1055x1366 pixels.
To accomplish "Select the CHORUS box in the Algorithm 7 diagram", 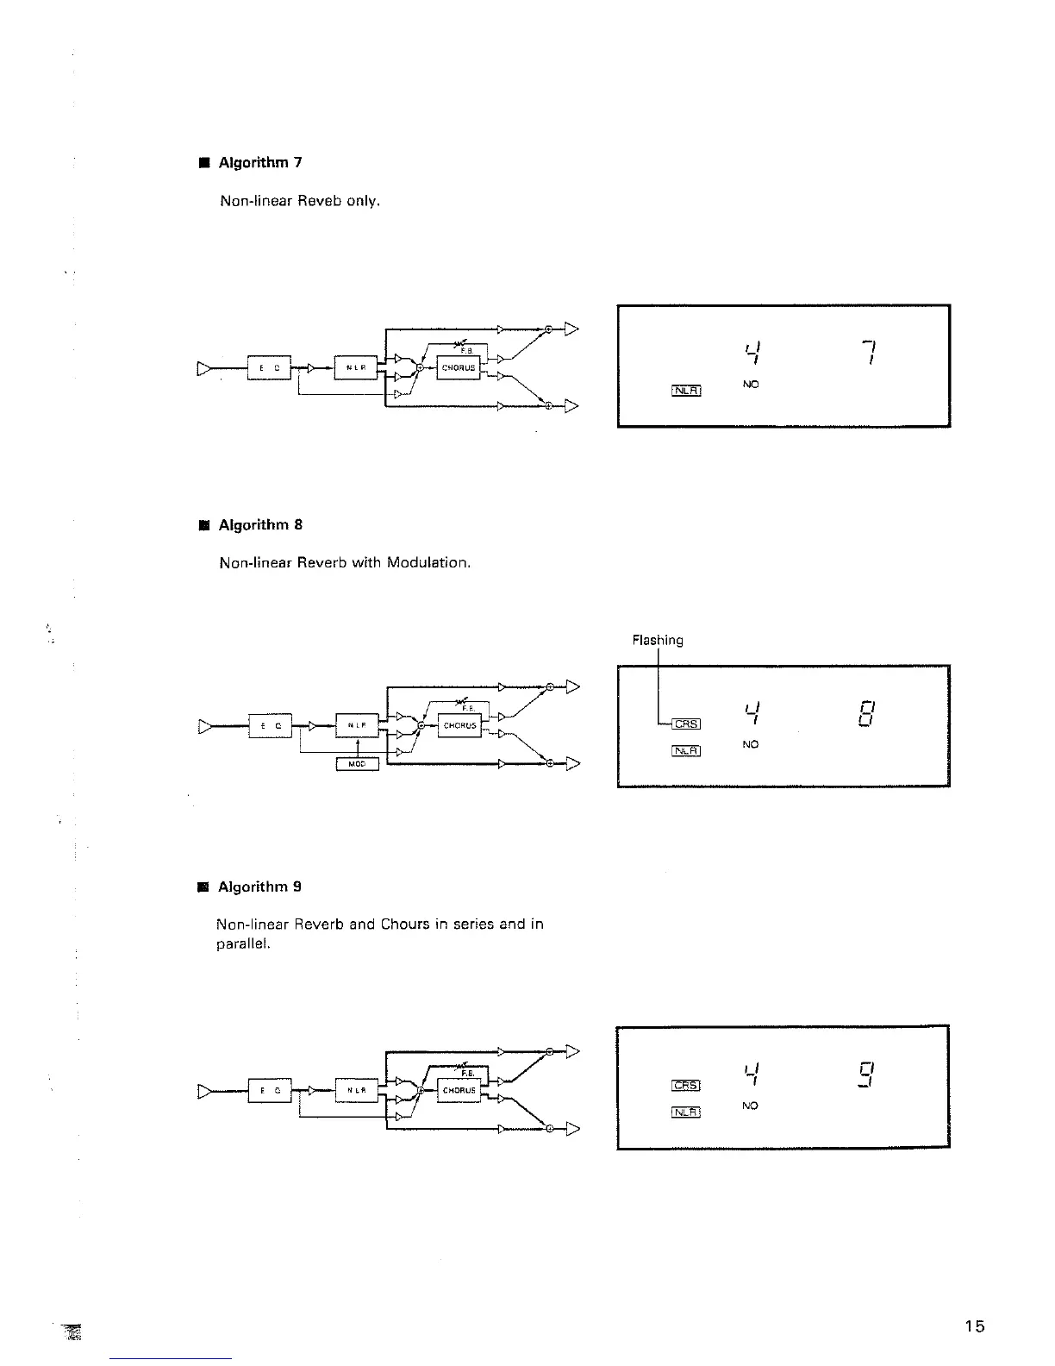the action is tap(459, 367).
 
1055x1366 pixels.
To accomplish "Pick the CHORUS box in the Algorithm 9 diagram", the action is tap(459, 1090).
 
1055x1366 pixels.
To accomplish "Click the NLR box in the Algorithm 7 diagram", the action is tap(356, 367).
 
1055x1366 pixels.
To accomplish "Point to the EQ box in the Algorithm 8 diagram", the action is tap(270, 726).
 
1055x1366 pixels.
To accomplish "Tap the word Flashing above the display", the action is tap(658, 641).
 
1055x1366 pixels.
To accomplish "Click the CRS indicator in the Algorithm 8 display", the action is tap(687, 724).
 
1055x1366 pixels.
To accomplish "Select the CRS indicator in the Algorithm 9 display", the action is tap(686, 1086).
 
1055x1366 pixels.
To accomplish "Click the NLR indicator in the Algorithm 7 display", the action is tap(687, 391).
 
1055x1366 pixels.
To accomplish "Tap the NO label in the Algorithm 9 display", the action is tap(750, 1106).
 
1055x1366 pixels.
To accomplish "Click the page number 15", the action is tap(974, 1326).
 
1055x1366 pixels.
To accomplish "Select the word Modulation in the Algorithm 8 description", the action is tap(428, 563).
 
